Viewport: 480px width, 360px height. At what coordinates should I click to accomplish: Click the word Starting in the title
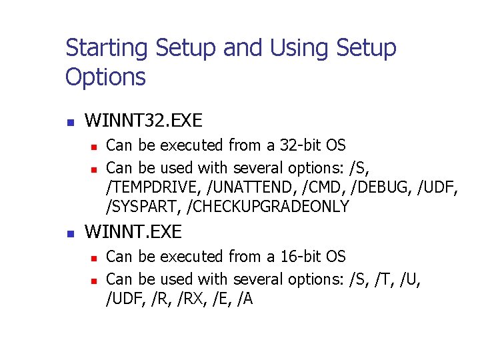point(107,49)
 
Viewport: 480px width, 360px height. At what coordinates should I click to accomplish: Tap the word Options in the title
point(105,77)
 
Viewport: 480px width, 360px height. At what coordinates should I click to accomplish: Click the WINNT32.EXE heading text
point(143,121)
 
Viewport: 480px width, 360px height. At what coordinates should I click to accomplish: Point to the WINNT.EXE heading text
point(133,233)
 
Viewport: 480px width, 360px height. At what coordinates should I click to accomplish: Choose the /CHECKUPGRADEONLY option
point(269,207)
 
